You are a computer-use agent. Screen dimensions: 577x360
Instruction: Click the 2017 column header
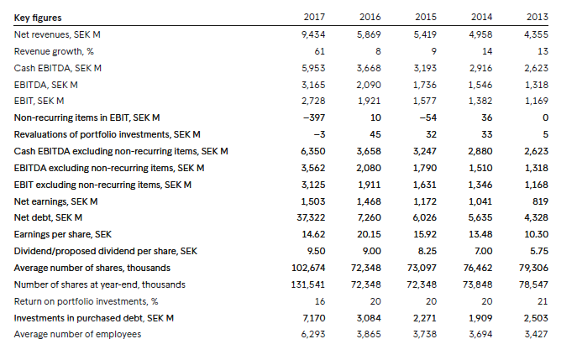point(314,17)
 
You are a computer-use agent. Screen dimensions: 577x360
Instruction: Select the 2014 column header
point(481,17)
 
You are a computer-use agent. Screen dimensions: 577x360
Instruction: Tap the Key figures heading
point(38,18)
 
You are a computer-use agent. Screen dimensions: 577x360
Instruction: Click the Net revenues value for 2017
point(313,34)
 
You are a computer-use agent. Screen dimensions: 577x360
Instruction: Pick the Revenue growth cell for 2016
point(378,51)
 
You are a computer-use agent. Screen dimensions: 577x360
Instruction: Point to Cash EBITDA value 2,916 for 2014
point(480,68)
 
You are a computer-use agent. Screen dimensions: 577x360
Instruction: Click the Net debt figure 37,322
point(311,217)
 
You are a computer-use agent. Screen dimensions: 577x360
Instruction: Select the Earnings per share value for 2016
point(369,234)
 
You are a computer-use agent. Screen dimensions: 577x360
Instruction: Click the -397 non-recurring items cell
point(314,117)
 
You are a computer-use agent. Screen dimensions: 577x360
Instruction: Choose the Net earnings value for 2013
point(540,201)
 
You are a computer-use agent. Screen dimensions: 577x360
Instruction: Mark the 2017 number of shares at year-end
point(308,284)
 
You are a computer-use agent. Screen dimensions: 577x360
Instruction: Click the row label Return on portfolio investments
point(87,301)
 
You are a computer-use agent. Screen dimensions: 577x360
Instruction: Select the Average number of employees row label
point(77,334)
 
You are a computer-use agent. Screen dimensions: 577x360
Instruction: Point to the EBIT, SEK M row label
point(39,101)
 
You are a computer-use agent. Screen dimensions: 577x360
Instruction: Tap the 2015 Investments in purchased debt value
point(425,318)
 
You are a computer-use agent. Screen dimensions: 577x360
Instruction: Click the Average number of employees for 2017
point(313,334)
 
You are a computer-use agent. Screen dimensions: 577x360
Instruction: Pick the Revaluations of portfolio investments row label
point(107,134)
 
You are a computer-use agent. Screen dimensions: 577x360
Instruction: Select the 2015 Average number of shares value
point(422,268)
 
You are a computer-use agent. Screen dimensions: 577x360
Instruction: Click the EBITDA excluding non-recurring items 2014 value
point(480,168)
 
